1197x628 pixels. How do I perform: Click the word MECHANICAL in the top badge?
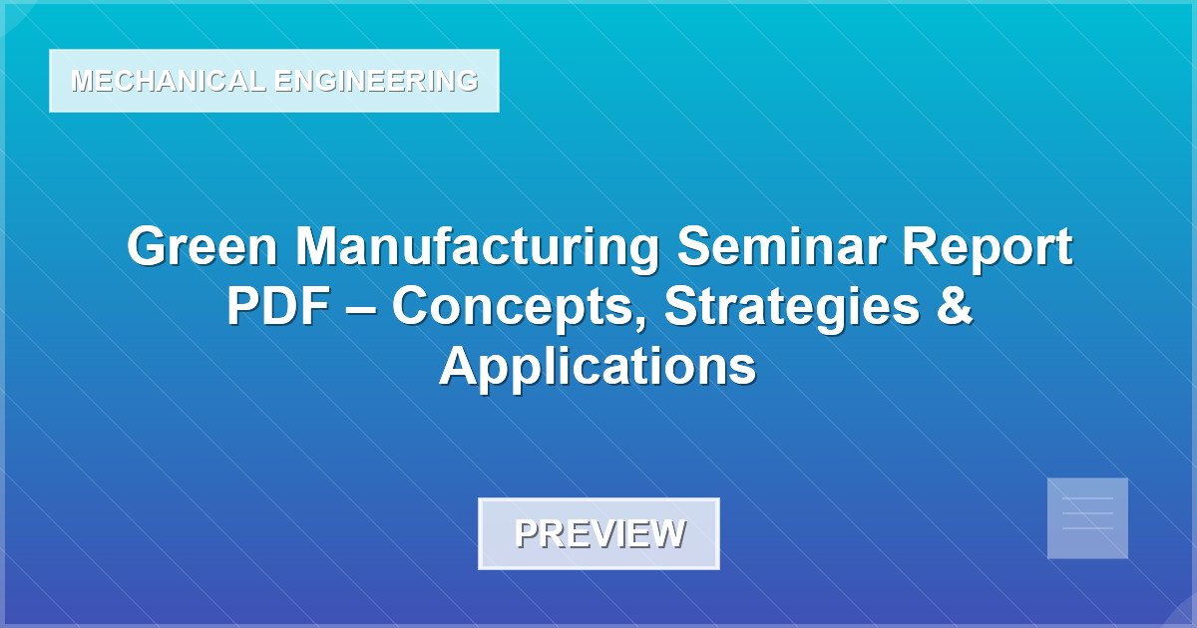(x=168, y=82)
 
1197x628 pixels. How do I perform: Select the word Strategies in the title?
(x=790, y=307)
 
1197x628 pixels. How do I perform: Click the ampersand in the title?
(x=954, y=307)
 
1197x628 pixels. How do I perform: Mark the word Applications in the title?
(x=598, y=367)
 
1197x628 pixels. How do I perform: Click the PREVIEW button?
(x=598, y=533)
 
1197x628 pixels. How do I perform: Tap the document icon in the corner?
(x=1087, y=518)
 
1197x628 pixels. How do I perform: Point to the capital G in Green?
(x=147, y=247)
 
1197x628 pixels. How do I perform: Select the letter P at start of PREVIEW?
(x=526, y=533)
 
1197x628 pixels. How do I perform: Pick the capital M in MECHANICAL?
(x=82, y=82)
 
